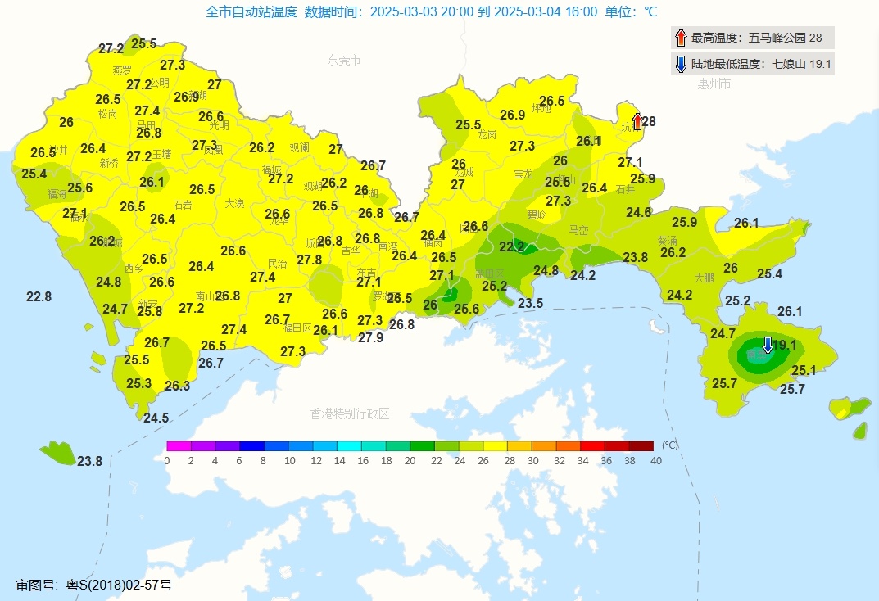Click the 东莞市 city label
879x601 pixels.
pyautogui.click(x=344, y=60)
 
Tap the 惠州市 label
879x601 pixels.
pyautogui.click(x=714, y=84)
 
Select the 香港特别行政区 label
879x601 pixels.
pyautogui.click(x=350, y=413)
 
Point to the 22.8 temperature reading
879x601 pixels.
pyautogui.click(x=39, y=296)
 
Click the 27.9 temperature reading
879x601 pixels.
pyautogui.click(x=370, y=337)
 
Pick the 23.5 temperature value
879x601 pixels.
pyautogui.click(x=530, y=303)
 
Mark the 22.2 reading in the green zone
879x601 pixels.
pyautogui.click(x=511, y=246)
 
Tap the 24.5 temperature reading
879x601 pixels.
pyautogui.click(x=156, y=418)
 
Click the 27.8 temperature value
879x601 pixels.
pyautogui.click(x=309, y=260)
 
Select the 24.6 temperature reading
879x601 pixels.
pyautogui.click(x=638, y=212)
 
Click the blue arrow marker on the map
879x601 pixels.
pyautogui.click(x=768, y=345)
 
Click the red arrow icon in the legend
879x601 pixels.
pyautogui.click(x=681, y=38)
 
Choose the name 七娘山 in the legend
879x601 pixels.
pyautogui.click(x=790, y=65)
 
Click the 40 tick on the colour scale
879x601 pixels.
pyautogui.click(x=655, y=461)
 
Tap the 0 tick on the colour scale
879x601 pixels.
pyautogui.click(x=167, y=461)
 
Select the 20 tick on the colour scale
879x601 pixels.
pyautogui.click(x=410, y=461)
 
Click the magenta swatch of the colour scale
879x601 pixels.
pyautogui.click(x=179, y=446)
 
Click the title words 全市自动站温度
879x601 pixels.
pyautogui.click(x=251, y=11)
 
